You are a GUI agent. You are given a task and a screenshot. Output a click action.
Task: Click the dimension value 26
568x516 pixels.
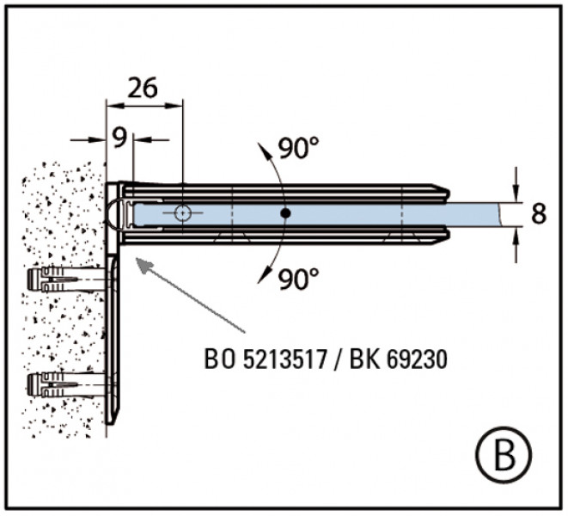tap(144, 88)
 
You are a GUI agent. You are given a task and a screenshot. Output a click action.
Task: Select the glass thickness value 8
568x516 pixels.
tap(539, 213)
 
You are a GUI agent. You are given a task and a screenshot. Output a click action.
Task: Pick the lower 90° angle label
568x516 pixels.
tap(298, 279)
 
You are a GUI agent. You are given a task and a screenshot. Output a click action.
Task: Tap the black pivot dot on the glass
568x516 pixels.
tap(285, 212)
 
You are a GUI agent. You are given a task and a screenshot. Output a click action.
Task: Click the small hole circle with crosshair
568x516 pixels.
tap(181, 212)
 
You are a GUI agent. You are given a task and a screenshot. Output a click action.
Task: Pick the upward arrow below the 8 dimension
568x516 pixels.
tap(516, 234)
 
